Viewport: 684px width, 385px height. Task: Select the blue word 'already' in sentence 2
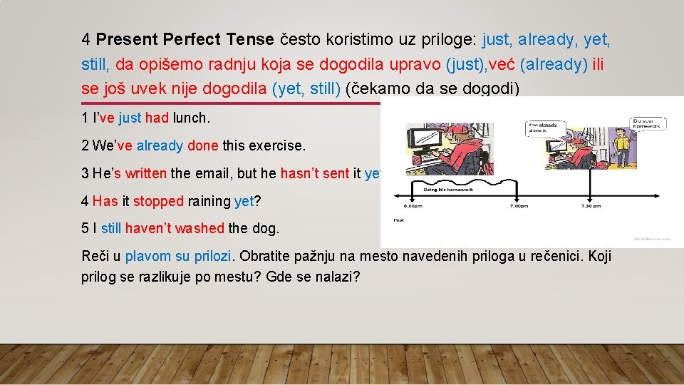tap(160, 145)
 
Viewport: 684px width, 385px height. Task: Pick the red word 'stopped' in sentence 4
tap(158, 201)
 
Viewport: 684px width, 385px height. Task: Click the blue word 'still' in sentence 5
tap(111, 229)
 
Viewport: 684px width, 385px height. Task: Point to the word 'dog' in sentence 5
tap(266, 229)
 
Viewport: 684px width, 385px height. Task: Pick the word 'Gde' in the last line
tap(277, 276)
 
